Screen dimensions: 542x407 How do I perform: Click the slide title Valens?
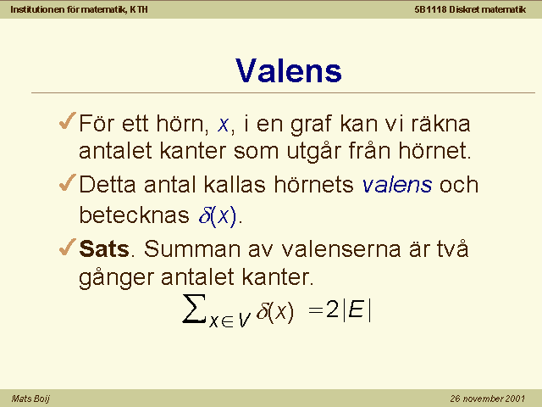(x=288, y=70)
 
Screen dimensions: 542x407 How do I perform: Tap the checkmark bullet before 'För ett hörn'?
(x=68, y=120)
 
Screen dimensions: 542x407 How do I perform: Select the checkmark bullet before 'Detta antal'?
(x=68, y=182)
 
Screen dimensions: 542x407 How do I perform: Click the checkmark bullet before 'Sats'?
(x=68, y=247)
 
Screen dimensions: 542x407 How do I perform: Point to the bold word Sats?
(x=104, y=248)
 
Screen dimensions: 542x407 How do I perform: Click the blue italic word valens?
(x=397, y=184)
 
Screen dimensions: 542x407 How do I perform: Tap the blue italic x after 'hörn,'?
(x=223, y=125)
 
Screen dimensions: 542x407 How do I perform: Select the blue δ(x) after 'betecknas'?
(x=218, y=215)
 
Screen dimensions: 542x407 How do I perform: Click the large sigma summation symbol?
(x=195, y=309)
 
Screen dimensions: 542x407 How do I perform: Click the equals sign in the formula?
(x=316, y=309)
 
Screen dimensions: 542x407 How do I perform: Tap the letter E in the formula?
(x=356, y=309)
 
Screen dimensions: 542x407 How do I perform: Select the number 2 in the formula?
(x=333, y=309)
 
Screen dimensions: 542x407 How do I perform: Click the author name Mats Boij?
(x=30, y=399)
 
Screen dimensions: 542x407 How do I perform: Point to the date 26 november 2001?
(x=488, y=399)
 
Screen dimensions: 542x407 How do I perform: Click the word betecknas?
(x=134, y=215)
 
